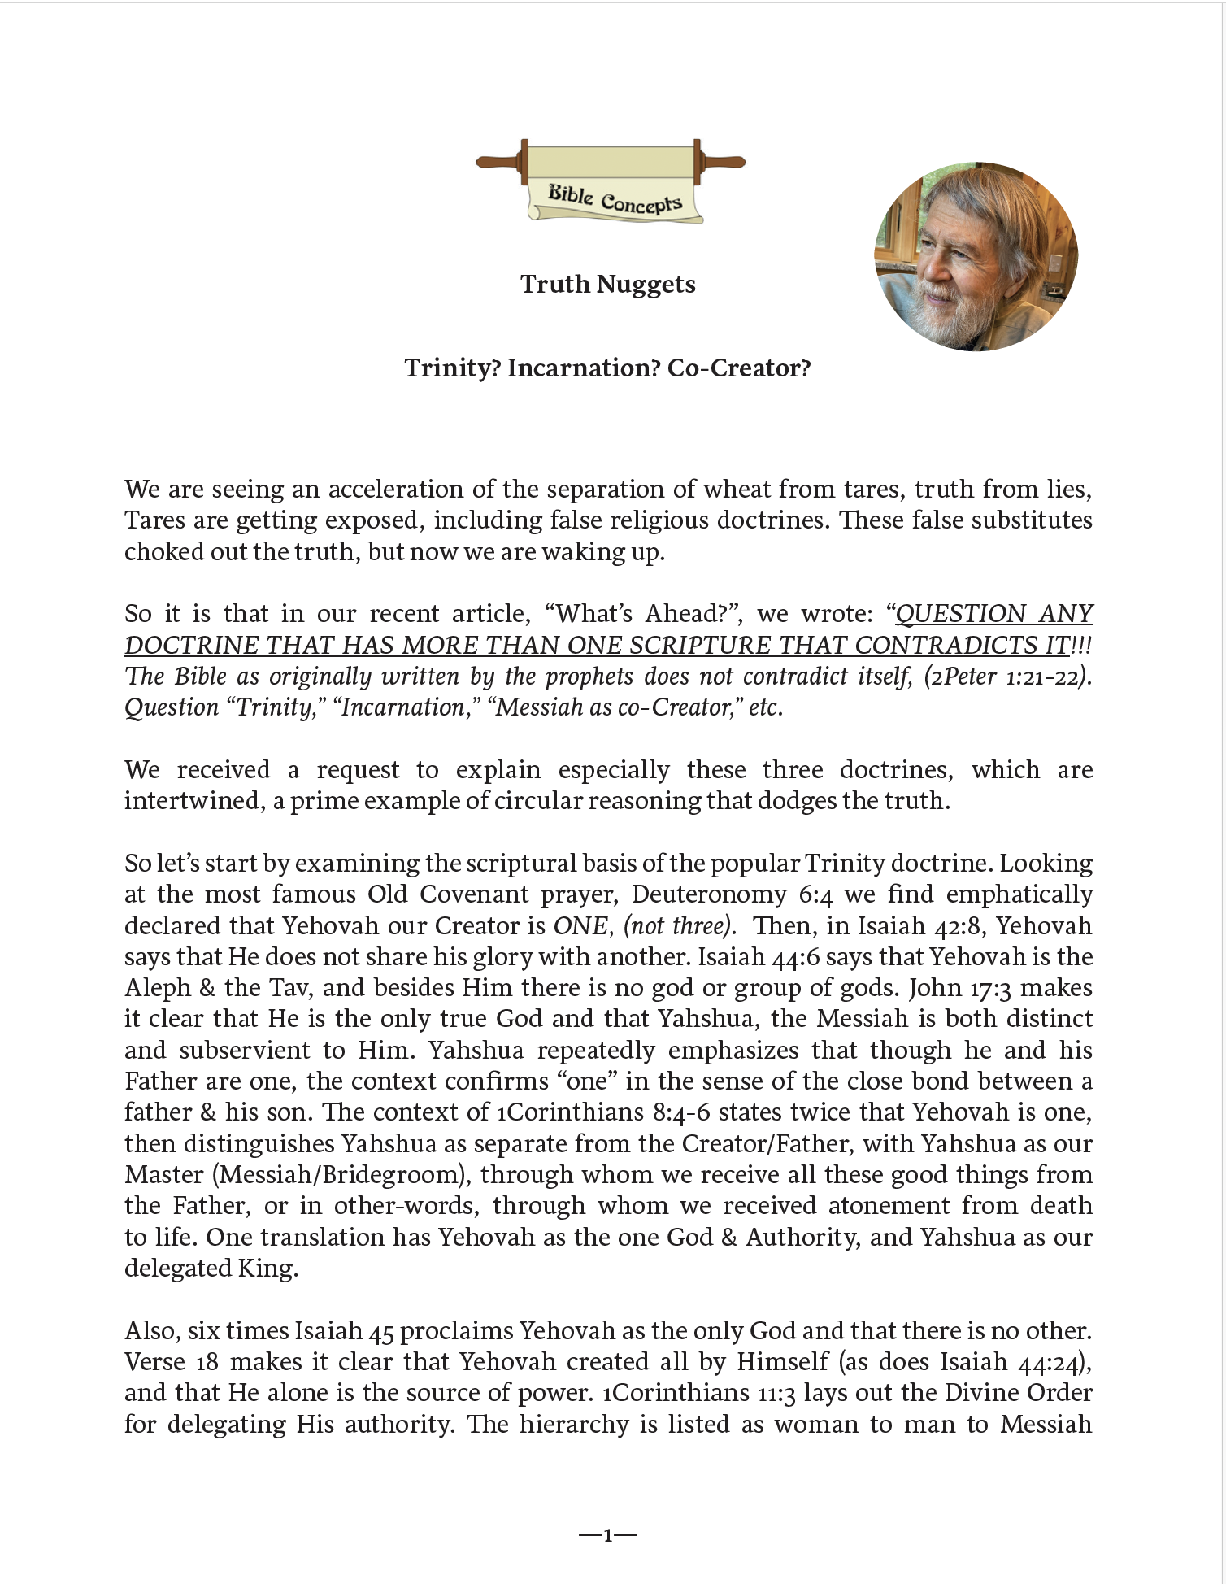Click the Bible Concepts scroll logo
(x=611, y=182)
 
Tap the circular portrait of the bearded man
(x=976, y=257)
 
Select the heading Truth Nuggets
(x=607, y=285)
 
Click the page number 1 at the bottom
(x=607, y=1535)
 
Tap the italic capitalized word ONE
(x=581, y=926)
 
